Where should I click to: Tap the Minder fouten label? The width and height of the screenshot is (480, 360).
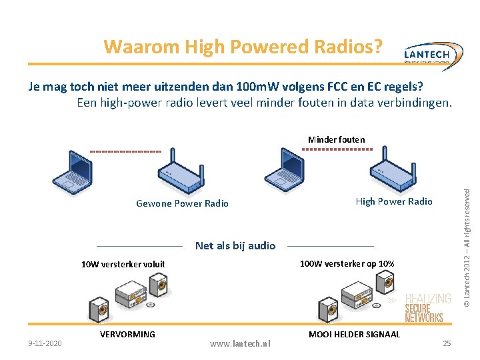click(x=336, y=139)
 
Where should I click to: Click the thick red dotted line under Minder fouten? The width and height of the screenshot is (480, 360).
click(x=337, y=149)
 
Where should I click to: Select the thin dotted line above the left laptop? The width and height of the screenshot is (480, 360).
click(x=125, y=151)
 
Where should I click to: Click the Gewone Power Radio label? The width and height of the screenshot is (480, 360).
click(x=182, y=203)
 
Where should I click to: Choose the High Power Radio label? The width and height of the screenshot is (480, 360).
click(x=394, y=201)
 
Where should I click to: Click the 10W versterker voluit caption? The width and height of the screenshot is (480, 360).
click(x=123, y=265)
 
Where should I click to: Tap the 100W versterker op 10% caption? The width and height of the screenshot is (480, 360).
click(x=347, y=264)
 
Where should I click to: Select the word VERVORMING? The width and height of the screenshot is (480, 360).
click(x=127, y=334)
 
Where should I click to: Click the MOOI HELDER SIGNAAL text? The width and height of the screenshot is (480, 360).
click(x=354, y=334)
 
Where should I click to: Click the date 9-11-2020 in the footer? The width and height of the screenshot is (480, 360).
click(x=45, y=343)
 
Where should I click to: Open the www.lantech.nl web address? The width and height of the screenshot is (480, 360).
click(x=240, y=343)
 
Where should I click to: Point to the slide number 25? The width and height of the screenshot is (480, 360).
click(x=447, y=343)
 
